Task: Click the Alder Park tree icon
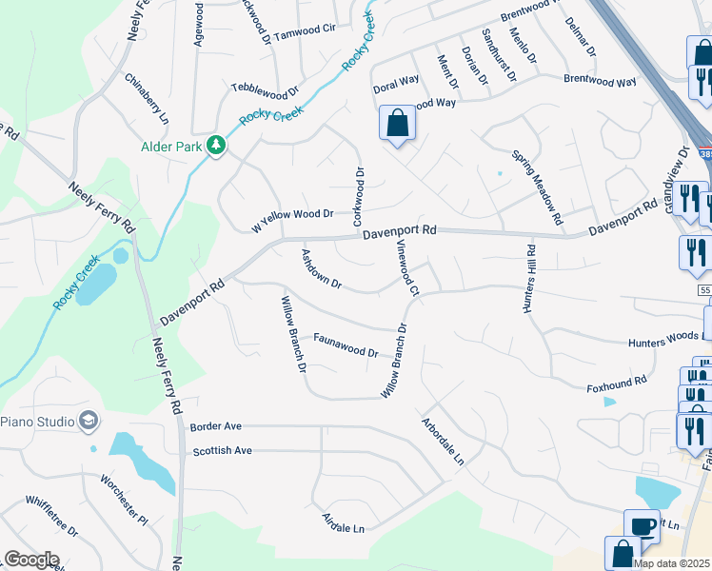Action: (x=217, y=146)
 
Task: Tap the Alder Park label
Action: (x=171, y=147)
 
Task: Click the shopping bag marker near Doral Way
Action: (x=397, y=123)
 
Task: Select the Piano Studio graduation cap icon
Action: (x=89, y=421)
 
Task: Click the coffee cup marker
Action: (x=642, y=525)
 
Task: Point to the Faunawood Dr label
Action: (x=346, y=345)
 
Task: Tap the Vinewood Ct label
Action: (x=407, y=266)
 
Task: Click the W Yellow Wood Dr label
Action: (x=292, y=220)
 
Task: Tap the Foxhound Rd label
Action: (x=616, y=384)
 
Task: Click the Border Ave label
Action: (x=216, y=426)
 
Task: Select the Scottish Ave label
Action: (x=222, y=450)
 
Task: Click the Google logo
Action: (x=31, y=560)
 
